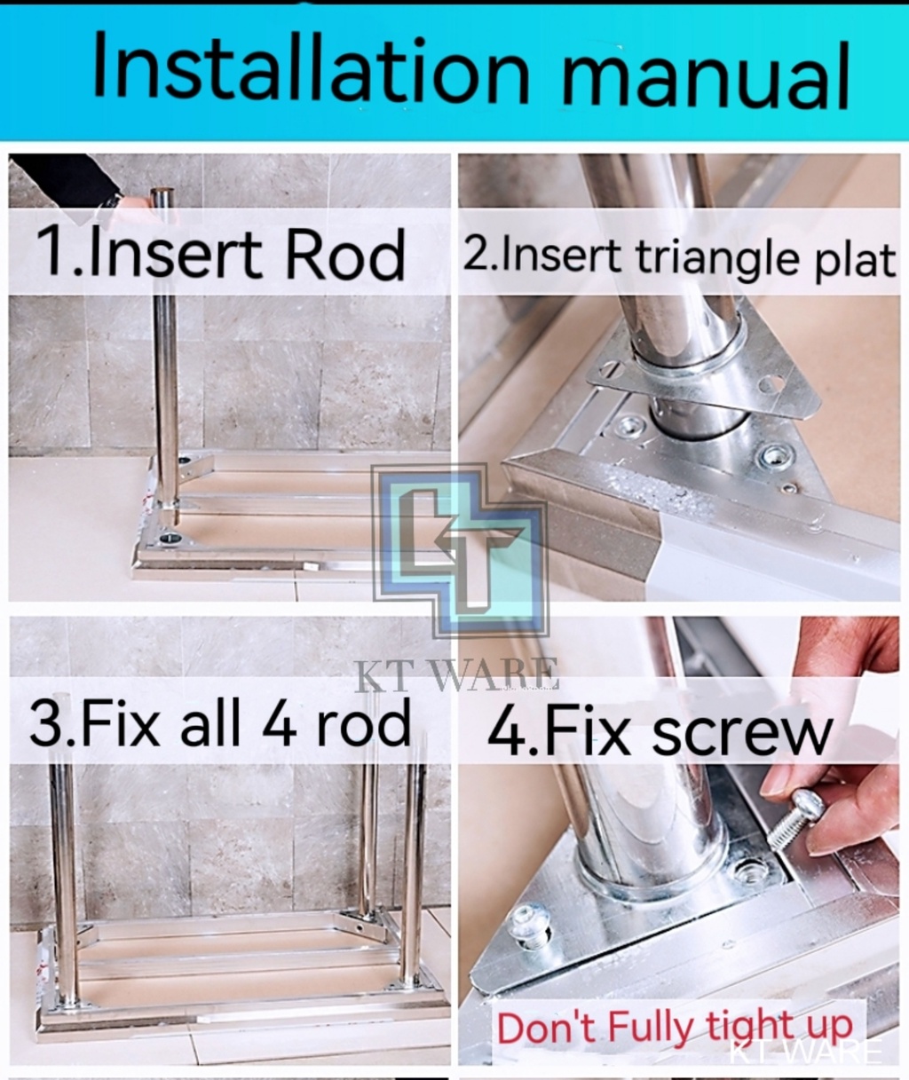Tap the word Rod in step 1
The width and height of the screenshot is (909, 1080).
pos(345,255)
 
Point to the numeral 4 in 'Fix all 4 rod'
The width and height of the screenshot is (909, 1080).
pos(279,721)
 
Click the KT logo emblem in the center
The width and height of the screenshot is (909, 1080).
pos(461,550)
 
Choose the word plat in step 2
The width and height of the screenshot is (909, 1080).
pos(854,261)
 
